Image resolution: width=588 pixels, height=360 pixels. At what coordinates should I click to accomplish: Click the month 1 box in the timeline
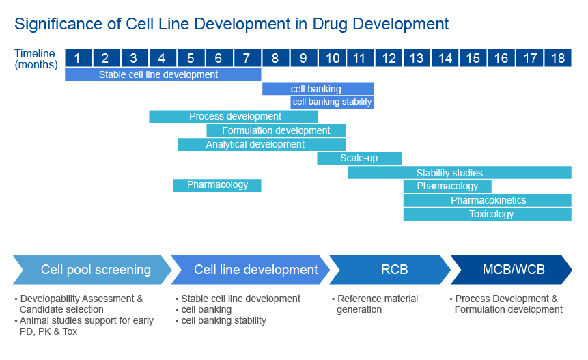78,58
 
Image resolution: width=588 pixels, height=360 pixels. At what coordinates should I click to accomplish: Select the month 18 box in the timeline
558,58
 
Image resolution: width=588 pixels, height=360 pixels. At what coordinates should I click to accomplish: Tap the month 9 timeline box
303,58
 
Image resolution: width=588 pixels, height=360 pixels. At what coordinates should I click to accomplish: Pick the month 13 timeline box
417,58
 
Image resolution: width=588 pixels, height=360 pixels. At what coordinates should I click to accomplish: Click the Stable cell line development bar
163,74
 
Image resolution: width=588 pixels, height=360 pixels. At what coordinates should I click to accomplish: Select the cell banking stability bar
332,102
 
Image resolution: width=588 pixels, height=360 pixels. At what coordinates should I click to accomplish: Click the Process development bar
233,117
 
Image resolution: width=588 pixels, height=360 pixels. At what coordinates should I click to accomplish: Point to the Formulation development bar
276,130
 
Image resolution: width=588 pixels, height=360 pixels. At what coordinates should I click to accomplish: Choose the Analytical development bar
262,145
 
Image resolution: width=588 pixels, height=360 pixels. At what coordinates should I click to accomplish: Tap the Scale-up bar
359,158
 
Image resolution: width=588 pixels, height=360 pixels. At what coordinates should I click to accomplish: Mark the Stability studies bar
459,173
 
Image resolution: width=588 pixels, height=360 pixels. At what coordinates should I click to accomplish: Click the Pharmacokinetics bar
487,200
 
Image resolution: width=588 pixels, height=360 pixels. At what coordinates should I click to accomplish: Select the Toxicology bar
487,214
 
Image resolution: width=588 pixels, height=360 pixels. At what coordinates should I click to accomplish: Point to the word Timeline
35,53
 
